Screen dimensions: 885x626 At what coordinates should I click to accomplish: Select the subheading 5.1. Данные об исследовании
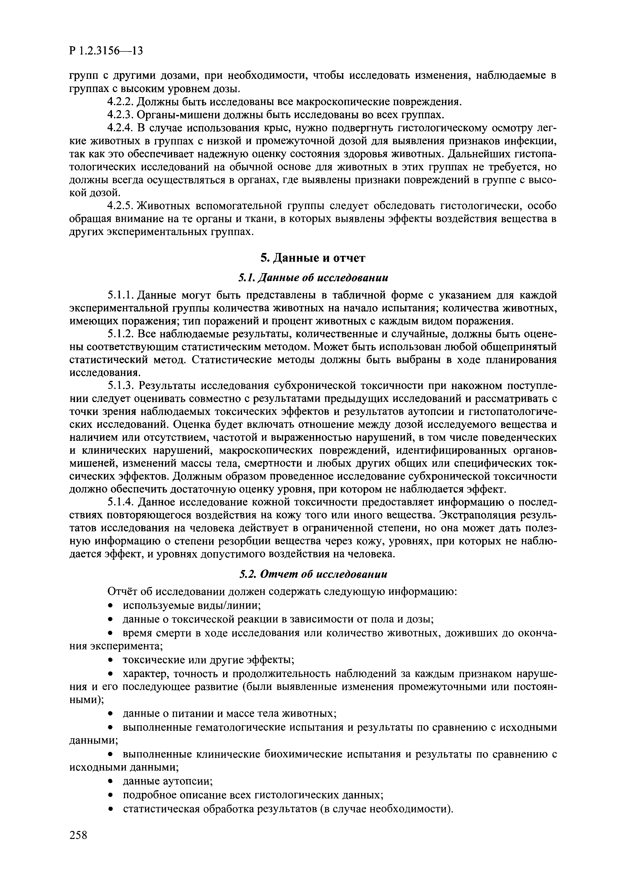click(313, 278)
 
